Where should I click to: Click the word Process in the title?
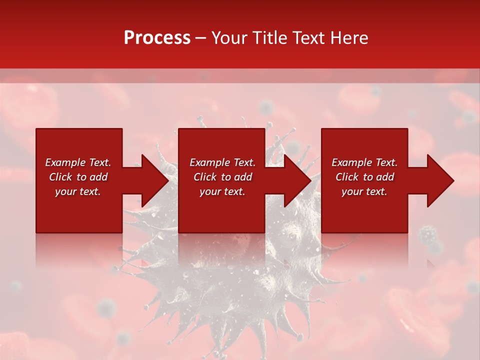click(157, 38)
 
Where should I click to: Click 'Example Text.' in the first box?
click(78, 162)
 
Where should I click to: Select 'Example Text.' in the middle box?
click(222, 162)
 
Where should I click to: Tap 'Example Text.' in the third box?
click(364, 162)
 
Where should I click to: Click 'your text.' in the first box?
click(78, 191)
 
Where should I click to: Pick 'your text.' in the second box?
click(222, 191)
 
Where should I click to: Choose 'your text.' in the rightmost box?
click(364, 191)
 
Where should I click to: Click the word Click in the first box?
click(60, 177)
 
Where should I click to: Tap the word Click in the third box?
click(347, 177)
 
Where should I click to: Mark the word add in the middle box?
click(243, 177)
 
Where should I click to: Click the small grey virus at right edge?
click(427, 234)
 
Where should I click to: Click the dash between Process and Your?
click(200, 38)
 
